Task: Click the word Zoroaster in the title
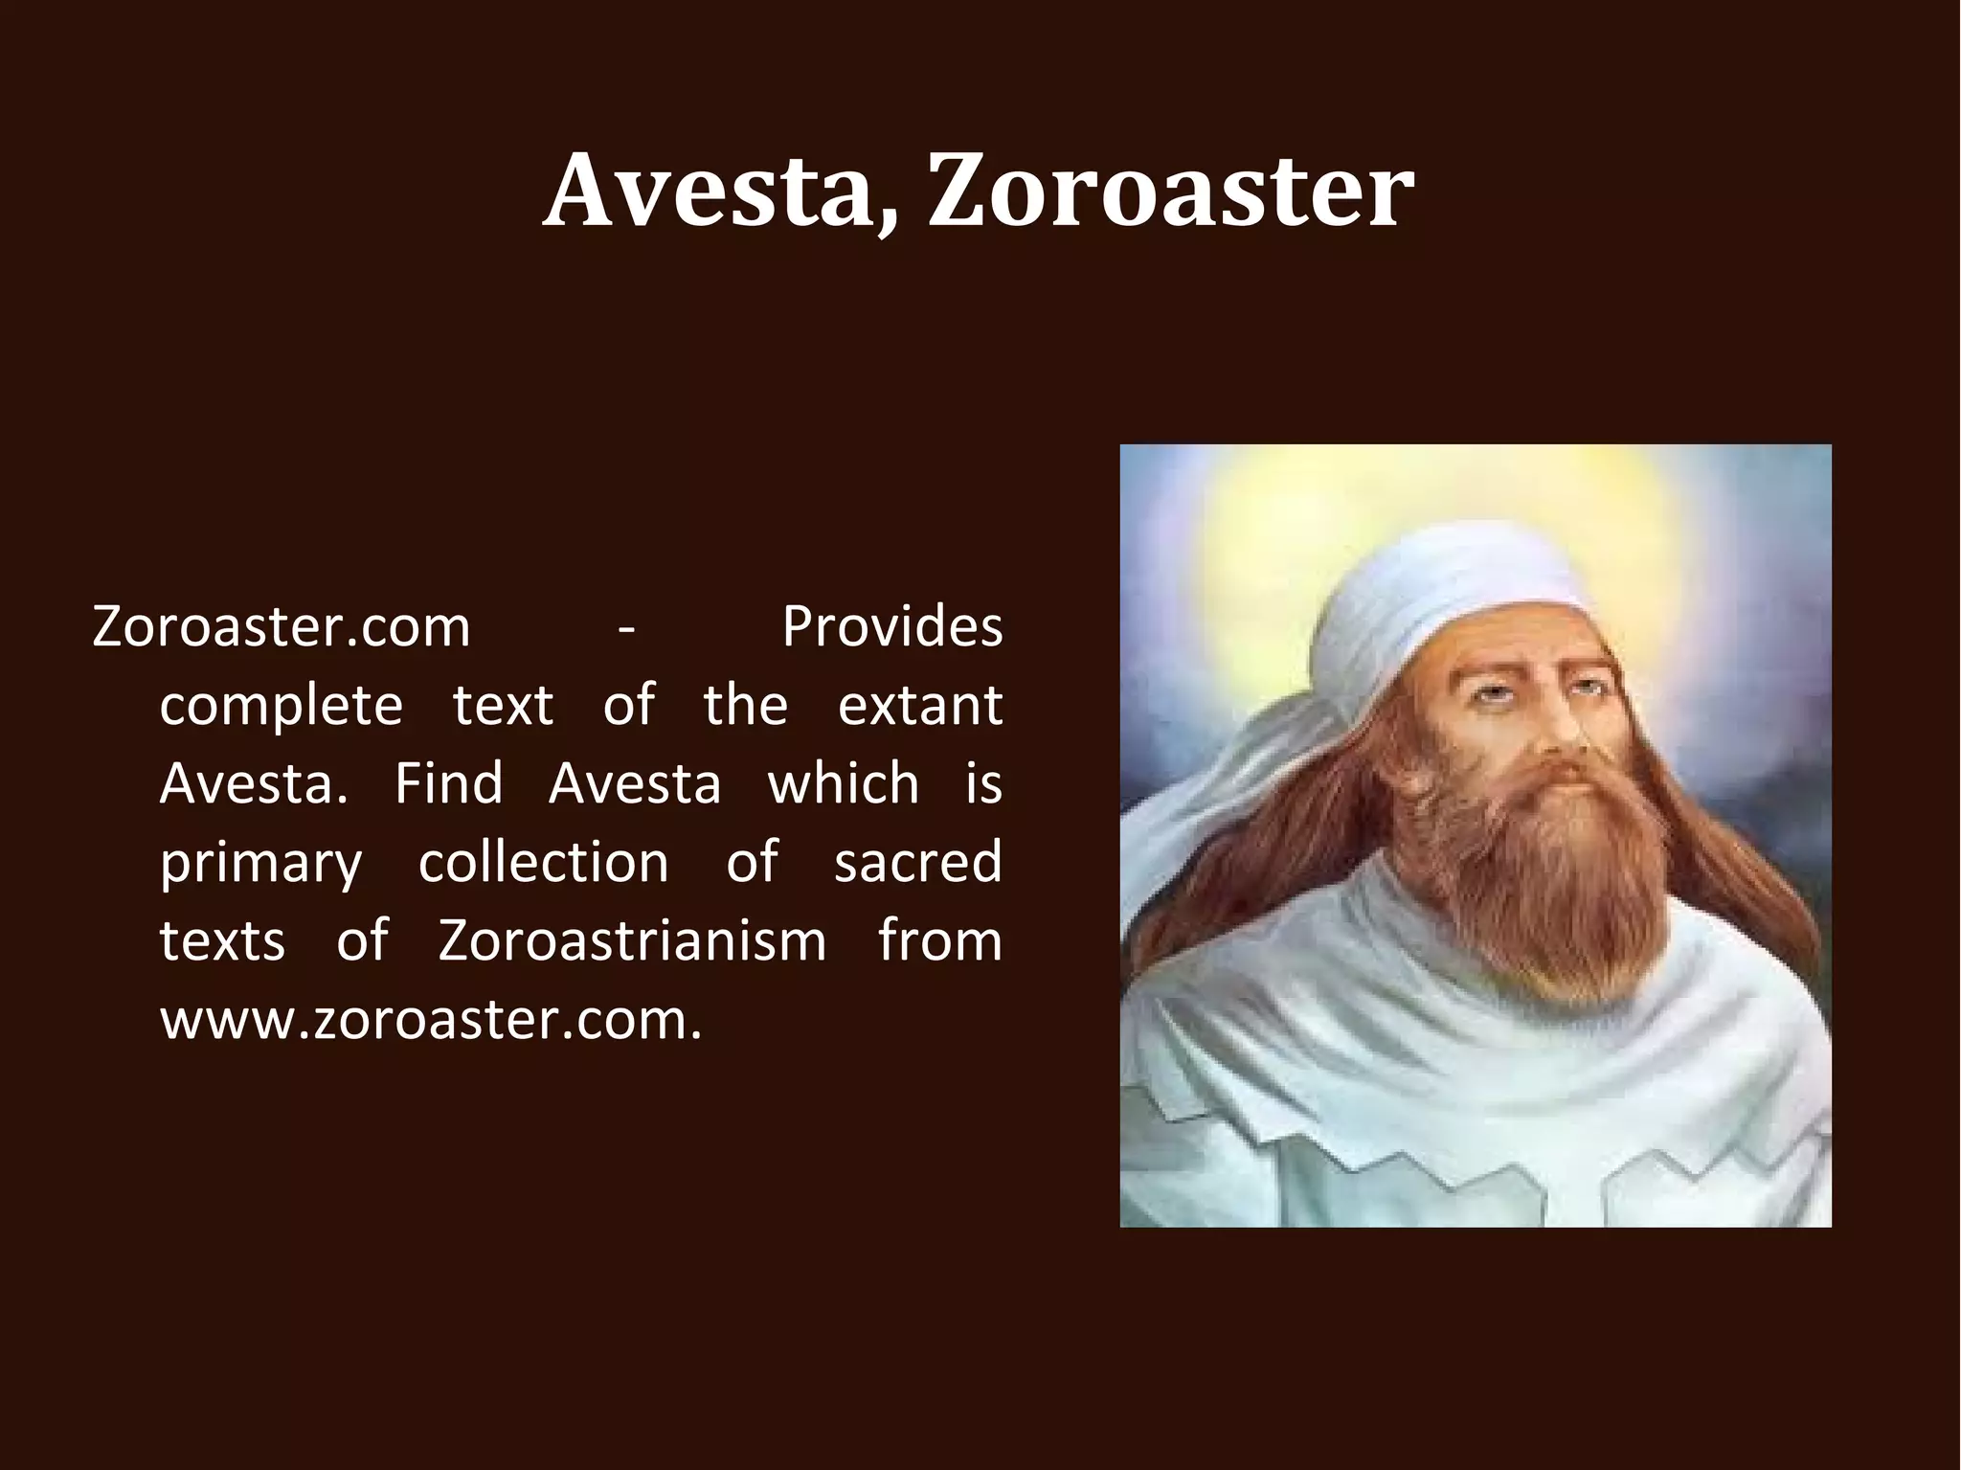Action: [1170, 192]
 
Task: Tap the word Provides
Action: [891, 627]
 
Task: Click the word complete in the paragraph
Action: [281, 707]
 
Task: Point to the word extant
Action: [919, 706]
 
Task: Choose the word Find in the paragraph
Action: [448, 784]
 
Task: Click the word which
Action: [843, 784]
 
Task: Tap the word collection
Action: [543, 863]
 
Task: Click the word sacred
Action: [917, 863]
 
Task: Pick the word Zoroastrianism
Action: [632, 941]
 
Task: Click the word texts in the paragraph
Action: [222, 941]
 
